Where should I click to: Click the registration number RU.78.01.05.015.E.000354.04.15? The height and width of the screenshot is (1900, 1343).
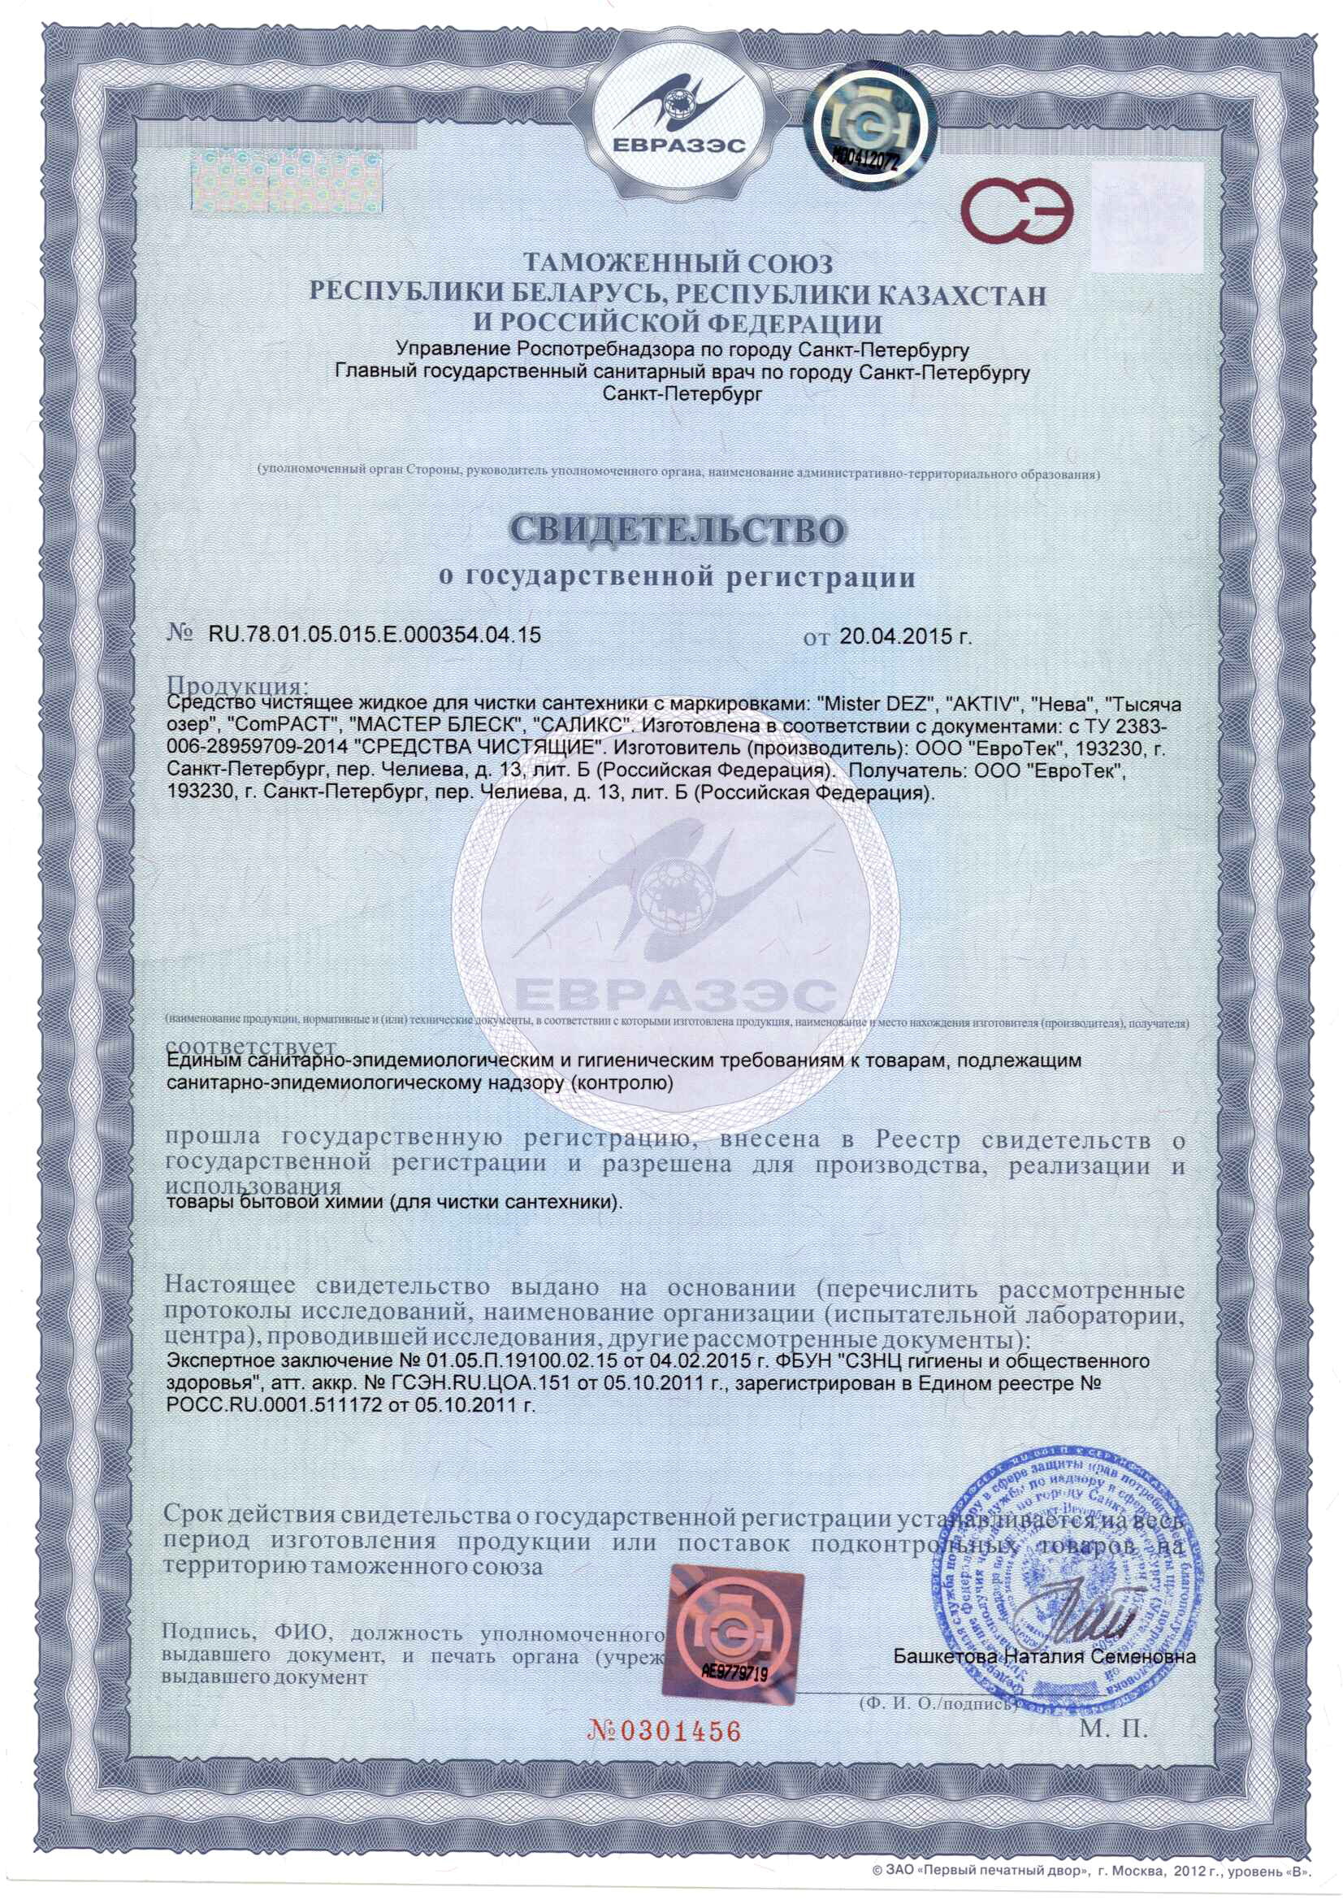coord(374,635)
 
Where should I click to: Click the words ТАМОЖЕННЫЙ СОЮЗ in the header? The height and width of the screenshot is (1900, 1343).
coord(678,263)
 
